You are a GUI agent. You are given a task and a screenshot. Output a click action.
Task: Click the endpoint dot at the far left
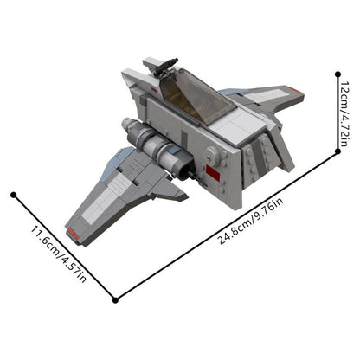13,195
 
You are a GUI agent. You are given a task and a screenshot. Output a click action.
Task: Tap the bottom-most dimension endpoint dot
116,299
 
